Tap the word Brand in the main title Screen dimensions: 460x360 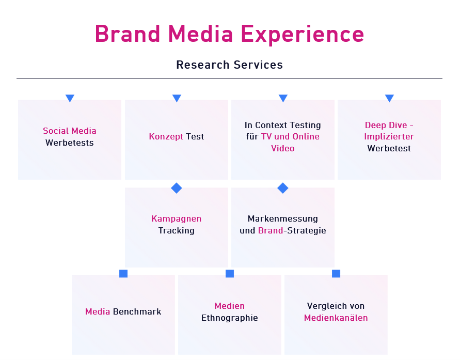point(128,34)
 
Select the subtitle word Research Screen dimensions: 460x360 point(203,65)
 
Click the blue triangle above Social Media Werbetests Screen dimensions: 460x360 point(70,98)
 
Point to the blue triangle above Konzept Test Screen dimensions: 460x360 point(177,98)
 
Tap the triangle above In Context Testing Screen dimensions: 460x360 point(283,98)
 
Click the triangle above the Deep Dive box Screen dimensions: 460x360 point(389,98)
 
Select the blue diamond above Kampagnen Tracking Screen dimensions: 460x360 point(177,188)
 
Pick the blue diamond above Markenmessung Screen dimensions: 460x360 point(283,188)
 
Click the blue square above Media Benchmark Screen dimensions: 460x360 point(123,273)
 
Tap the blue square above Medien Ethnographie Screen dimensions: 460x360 point(230,273)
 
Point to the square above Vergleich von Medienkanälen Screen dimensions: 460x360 point(336,273)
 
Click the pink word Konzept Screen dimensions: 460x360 point(166,137)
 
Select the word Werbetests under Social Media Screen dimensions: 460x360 point(70,143)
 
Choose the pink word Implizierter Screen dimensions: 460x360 point(389,137)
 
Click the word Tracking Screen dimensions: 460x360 point(177,231)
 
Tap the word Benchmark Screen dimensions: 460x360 point(137,311)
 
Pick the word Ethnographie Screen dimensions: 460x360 point(230,318)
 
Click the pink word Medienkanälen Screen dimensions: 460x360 point(336,318)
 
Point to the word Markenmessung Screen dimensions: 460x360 point(283,219)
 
